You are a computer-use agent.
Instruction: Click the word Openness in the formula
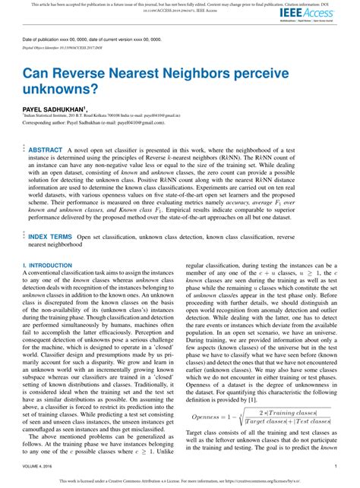pos(213,417)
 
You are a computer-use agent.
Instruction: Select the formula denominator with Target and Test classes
pos(286,422)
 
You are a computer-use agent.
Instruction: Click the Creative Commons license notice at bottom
pos(180,480)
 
